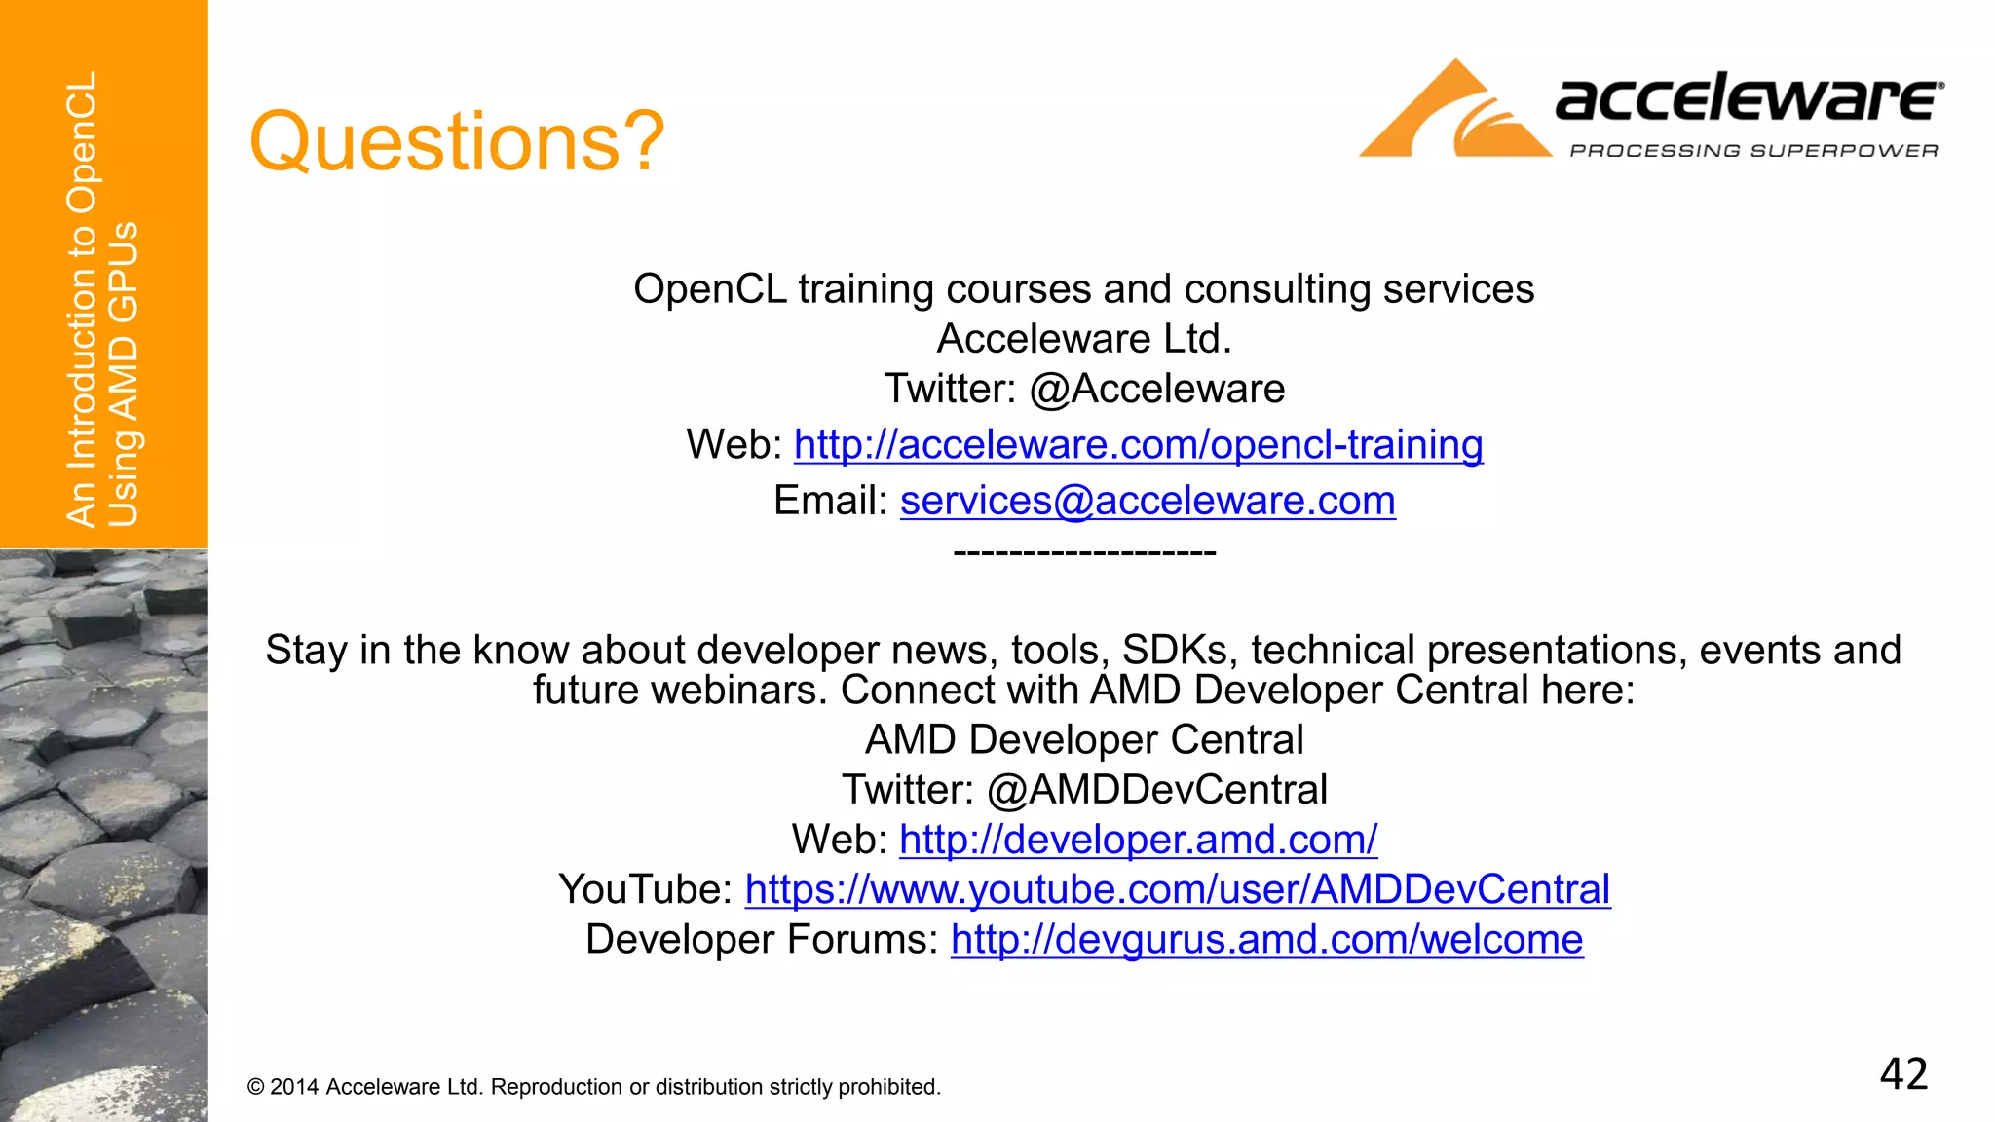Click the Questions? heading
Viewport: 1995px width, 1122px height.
[x=457, y=142]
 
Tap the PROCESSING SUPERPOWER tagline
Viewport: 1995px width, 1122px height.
[x=1753, y=151]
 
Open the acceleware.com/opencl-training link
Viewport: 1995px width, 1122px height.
[x=1138, y=445]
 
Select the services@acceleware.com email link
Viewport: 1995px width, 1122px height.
[x=1147, y=501]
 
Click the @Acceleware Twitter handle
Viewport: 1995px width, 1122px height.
[x=1157, y=390]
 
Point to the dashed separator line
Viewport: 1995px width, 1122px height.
[x=1084, y=553]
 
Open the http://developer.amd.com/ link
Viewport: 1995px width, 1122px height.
[x=1138, y=840]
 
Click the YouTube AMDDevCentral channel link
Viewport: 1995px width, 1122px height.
[x=1177, y=889]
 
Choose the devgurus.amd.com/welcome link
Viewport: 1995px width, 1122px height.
[x=1266, y=940]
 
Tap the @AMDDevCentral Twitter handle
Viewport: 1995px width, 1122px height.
[x=1157, y=790]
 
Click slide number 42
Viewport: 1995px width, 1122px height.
[x=1902, y=1074]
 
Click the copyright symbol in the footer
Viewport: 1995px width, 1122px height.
[x=256, y=1087]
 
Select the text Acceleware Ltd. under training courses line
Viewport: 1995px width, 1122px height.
[x=1083, y=339]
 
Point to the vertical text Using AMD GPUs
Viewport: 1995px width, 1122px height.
[x=124, y=375]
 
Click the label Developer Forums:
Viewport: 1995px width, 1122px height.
[x=762, y=940]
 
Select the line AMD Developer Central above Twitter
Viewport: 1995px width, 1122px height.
[x=1083, y=740]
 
